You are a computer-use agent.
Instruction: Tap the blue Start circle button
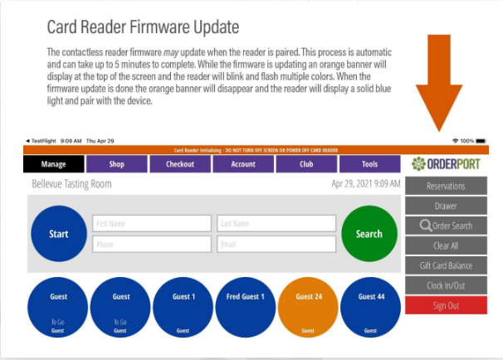pos(58,234)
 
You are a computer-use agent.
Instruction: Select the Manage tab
pos(53,164)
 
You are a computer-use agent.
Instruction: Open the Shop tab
pos(117,164)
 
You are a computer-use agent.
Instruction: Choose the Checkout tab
pos(180,164)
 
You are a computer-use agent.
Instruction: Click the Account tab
pos(243,164)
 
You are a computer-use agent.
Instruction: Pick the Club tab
pos(306,164)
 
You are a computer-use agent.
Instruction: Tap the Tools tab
pos(369,164)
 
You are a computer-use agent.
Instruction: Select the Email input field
pos(276,245)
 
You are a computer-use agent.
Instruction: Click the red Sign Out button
pos(446,305)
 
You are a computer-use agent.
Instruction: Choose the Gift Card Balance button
pos(446,265)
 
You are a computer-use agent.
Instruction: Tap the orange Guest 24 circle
pos(308,309)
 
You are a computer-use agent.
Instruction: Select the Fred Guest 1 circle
pos(245,309)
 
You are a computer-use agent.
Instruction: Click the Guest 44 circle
pos(370,309)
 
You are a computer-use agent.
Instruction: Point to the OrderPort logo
pos(446,164)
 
